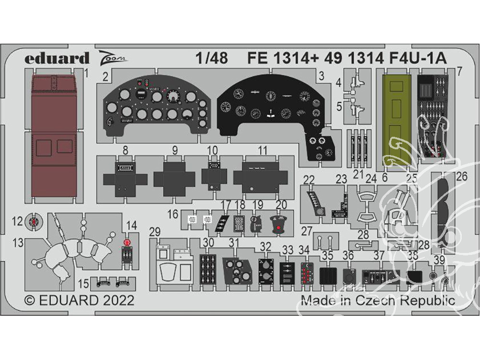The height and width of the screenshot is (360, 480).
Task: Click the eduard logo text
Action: [x=57, y=58]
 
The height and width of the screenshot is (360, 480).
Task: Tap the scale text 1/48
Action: [x=212, y=58]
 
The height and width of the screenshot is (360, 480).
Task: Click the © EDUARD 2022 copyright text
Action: [x=80, y=301]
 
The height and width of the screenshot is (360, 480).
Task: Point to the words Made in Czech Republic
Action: [x=378, y=301]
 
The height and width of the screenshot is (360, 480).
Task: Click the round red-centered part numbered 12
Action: [x=33, y=221]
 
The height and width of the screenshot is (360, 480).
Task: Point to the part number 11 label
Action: [x=262, y=150]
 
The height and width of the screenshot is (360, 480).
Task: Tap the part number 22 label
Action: [x=309, y=180]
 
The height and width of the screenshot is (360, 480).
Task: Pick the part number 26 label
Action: [x=462, y=177]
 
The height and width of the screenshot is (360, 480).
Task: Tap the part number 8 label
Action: [x=125, y=150]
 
